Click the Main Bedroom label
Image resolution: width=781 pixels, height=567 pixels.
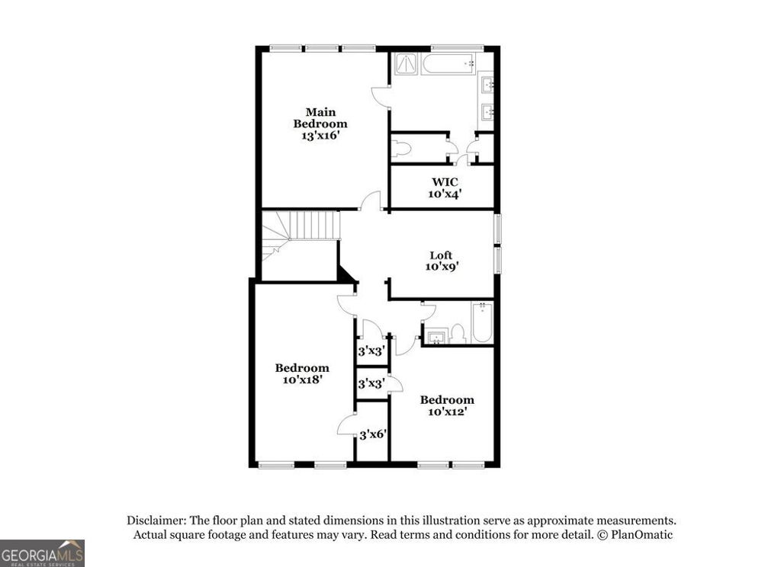click(x=320, y=117)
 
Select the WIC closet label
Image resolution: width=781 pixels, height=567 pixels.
click(x=445, y=182)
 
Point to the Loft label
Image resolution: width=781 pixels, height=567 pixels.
click(x=441, y=255)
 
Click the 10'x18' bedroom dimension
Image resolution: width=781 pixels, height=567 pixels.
click(x=302, y=380)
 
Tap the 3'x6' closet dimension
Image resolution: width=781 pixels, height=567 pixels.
click(x=373, y=434)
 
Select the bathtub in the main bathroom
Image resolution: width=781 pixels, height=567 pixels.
click(x=449, y=63)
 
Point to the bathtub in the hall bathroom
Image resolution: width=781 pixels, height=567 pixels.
click(x=482, y=323)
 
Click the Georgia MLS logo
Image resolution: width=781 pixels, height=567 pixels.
click(x=42, y=553)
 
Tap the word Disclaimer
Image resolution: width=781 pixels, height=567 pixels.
click(x=156, y=521)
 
